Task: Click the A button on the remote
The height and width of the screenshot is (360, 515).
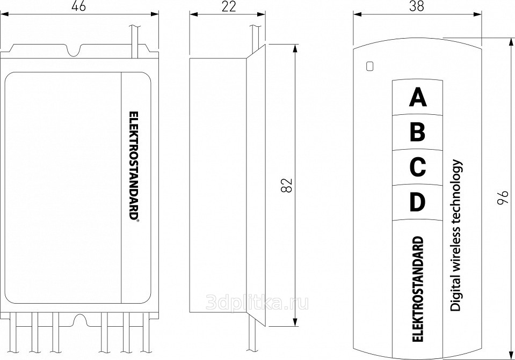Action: [x=417, y=97]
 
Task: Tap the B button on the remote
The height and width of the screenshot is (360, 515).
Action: [x=417, y=133]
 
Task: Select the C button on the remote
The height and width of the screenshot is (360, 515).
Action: [x=417, y=167]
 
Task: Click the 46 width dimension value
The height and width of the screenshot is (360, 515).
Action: [x=78, y=6]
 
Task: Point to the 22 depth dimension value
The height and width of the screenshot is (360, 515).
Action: [x=229, y=6]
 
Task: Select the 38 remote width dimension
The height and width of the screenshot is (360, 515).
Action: [x=417, y=6]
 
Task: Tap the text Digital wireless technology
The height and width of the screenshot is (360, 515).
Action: [x=456, y=236]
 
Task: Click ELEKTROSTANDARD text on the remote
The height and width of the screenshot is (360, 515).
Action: [x=417, y=289]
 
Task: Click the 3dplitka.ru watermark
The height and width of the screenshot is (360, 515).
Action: [x=257, y=303]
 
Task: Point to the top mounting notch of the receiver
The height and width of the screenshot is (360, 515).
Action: [x=75, y=51]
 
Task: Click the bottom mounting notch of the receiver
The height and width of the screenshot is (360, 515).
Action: [x=80, y=319]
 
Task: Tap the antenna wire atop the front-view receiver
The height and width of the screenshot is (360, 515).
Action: [x=135, y=41]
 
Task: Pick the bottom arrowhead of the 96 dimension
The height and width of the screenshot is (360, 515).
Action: [x=511, y=355]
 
